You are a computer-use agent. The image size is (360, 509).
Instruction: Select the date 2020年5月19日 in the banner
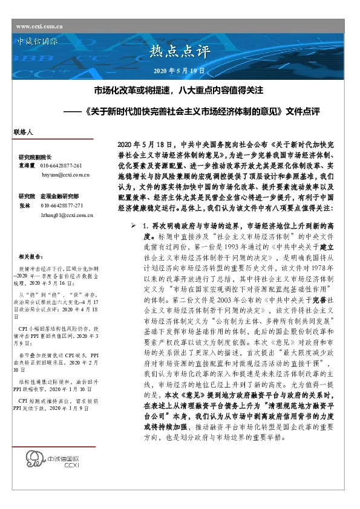(x=180, y=71)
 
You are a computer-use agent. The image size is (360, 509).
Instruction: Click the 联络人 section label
(x=23, y=131)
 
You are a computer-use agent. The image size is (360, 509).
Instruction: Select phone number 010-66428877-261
(x=61, y=164)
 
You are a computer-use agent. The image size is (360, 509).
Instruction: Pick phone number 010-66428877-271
(x=61, y=206)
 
